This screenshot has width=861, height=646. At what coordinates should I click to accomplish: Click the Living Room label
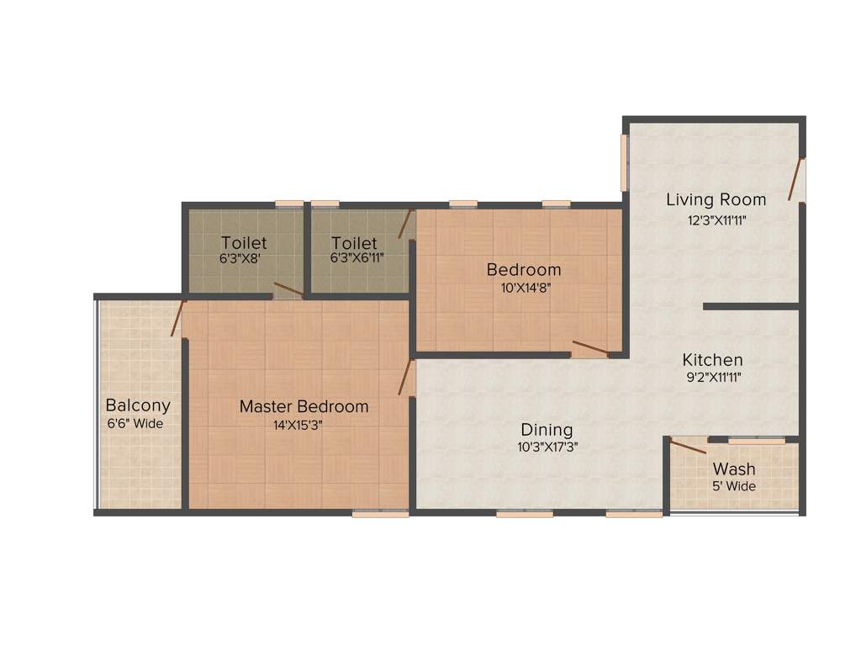click(x=716, y=200)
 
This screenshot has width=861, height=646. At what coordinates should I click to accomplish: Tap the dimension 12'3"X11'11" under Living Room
click(x=716, y=220)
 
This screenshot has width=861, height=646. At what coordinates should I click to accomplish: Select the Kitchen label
click(x=712, y=359)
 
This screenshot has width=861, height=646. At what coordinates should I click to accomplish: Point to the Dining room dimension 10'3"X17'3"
click(x=547, y=447)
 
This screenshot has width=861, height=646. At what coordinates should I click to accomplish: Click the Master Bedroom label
click(x=304, y=407)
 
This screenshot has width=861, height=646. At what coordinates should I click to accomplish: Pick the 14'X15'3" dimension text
click(x=298, y=426)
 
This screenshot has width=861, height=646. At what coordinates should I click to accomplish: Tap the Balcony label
click(x=138, y=405)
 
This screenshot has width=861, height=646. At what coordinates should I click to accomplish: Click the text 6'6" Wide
click(x=135, y=424)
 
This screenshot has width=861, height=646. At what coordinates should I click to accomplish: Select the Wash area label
click(x=734, y=469)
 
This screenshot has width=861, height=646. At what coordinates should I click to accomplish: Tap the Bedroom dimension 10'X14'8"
click(x=524, y=287)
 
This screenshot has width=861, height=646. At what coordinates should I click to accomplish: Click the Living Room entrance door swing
click(x=795, y=179)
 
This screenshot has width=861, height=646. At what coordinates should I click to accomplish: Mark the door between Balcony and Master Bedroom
click(x=177, y=319)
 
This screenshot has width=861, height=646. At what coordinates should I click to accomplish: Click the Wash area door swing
click(x=687, y=447)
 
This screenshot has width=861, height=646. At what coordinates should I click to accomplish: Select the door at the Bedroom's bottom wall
click(x=590, y=347)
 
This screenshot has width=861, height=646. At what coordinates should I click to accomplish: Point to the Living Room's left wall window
click(x=625, y=162)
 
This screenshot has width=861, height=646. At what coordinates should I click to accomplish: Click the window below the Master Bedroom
click(x=368, y=513)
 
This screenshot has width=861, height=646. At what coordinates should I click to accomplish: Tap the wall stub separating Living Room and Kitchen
click(x=750, y=306)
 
